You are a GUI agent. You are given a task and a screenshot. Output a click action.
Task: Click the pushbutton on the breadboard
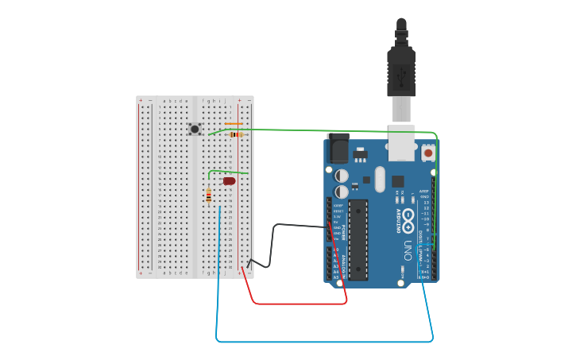point(195,129)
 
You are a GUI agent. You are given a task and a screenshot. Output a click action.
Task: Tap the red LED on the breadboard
point(229,181)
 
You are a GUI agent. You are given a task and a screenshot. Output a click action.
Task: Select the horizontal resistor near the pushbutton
point(234,134)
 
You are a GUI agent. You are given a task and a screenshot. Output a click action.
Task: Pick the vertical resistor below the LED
point(208,195)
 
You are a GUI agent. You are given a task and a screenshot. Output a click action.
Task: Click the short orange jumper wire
point(234,124)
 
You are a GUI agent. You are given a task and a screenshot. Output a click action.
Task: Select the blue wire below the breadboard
point(318,342)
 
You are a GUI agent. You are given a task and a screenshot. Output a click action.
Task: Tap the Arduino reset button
point(428,153)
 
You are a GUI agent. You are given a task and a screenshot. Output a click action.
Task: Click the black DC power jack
point(338,149)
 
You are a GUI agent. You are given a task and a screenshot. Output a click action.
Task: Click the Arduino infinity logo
point(408,217)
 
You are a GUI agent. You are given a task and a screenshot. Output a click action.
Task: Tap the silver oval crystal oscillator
point(380,179)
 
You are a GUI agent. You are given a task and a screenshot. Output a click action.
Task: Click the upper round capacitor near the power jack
point(342,175)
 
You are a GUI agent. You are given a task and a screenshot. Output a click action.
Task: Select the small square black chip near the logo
point(397,180)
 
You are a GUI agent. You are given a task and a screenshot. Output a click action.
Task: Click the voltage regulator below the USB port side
point(361,153)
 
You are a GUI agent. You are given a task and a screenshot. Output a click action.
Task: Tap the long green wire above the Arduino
point(334,130)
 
